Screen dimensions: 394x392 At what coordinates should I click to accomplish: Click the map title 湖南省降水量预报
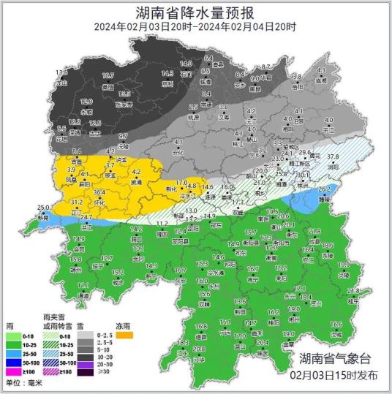tap(195, 12)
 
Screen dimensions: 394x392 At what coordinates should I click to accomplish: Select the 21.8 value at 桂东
tap(354, 290)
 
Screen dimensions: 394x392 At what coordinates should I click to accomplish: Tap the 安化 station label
tap(177, 154)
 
